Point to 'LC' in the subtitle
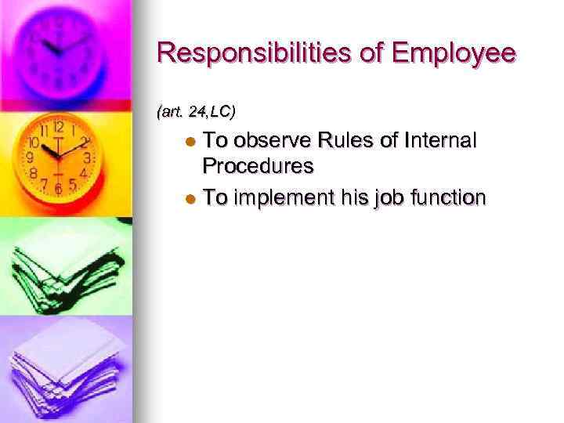pyautogui.click(x=220, y=112)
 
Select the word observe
pyautogui.click(x=273, y=141)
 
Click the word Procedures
pyautogui.click(x=258, y=166)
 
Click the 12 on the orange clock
pyautogui.click(x=58, y=127)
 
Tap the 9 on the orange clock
pyautogui.click(x=31, y=158)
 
